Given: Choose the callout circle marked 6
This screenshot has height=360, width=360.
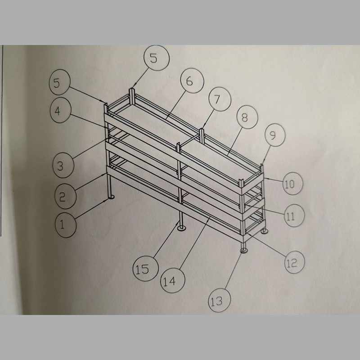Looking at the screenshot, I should coord(189,81).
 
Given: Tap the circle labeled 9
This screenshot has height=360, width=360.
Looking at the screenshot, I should coord(271,135).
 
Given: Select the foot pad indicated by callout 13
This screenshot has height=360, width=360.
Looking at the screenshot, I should coord(245,250).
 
